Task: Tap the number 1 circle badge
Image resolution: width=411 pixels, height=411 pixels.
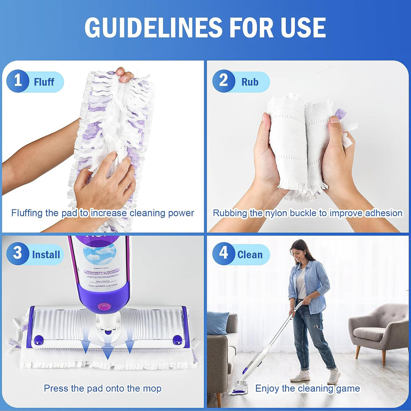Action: coord(18,81)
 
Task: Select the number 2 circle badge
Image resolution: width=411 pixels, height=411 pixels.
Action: coord(224,81)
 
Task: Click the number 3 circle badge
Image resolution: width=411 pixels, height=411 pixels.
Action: coord(18,254)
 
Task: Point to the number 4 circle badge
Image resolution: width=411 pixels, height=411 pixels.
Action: coord(224,254)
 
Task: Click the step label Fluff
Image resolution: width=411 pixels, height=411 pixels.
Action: coord(44,82)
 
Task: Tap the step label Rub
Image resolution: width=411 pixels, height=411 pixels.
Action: coord(250,82)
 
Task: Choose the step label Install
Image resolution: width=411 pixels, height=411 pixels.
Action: coord(46,254)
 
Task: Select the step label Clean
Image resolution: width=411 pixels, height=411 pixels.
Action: coord(250,254)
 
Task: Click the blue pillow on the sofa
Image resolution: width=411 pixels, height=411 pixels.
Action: coord(218,323)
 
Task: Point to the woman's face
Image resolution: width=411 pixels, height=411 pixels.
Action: coord(299,252)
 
